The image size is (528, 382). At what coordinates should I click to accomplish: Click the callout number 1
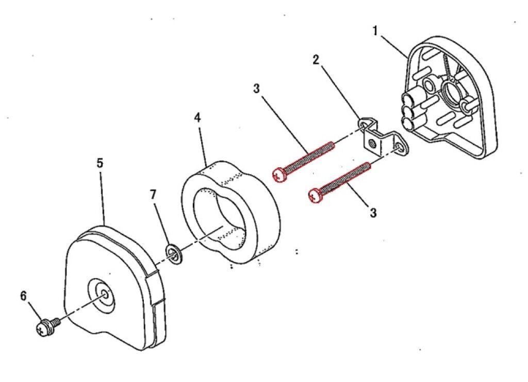point(376,31)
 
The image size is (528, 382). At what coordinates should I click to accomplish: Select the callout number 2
point(316,59)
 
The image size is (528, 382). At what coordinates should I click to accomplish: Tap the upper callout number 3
point(257,88)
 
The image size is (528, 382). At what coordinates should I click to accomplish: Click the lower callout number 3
point(373,212)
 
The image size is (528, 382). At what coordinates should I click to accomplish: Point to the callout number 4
point(197,117)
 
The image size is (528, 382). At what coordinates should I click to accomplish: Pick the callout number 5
point(100,163)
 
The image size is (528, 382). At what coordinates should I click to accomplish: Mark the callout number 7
point(153,195)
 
